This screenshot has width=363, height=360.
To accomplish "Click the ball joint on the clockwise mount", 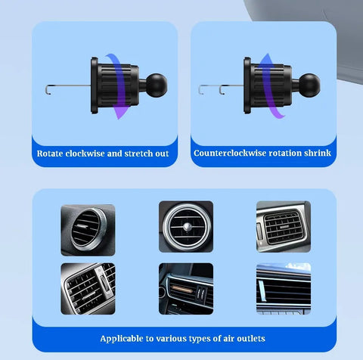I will [x=147, y=81].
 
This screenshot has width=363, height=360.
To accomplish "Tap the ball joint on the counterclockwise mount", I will [x=308, y=81].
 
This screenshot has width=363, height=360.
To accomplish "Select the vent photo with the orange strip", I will [x=185, y=288].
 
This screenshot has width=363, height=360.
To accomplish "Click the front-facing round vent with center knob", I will [x=185, y=226].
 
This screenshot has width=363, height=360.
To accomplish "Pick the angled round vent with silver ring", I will [x=88, y=229].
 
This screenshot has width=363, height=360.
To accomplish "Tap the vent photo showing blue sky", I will [x=283, y=288].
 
